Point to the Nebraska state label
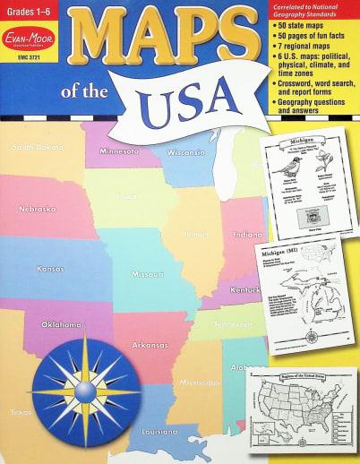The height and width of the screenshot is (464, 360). tap(38, 209)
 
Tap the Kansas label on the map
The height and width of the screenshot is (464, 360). tap(50, 268)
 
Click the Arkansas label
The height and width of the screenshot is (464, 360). tap(151, 344)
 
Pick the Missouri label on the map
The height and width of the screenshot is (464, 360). tap(148, 274)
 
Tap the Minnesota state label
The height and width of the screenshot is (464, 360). tap(118, 151)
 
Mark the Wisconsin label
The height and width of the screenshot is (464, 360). tap(186, 152)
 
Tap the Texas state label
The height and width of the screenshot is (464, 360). tap(20, 413)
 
